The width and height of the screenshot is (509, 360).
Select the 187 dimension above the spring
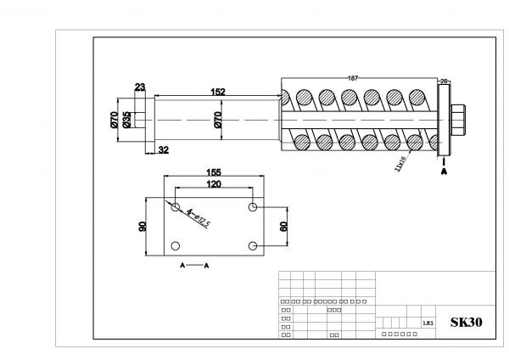point(353,78)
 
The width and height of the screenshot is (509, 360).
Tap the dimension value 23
point(139,86)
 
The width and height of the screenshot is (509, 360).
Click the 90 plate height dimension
point(143,226)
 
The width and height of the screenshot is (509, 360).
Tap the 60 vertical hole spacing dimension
point(283,227)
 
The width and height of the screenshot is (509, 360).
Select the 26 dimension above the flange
point(443,81)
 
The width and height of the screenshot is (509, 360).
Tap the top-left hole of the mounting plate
point(175,206)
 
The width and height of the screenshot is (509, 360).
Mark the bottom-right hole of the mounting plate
point(253,246)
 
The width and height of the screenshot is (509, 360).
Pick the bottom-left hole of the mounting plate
point(175,246)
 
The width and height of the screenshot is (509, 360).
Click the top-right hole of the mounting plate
point(253,207)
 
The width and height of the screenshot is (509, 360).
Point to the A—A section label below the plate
point(195,266)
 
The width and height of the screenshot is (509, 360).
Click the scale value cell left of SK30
point(428,323)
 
